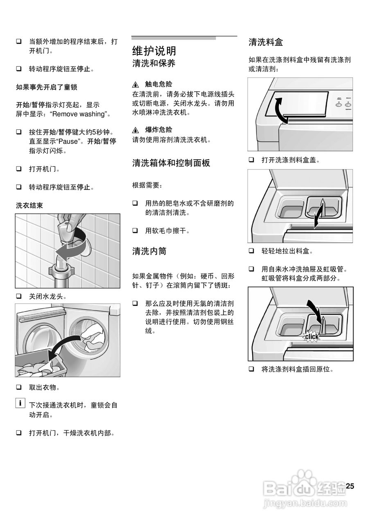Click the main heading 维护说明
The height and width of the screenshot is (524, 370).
coord(154,51)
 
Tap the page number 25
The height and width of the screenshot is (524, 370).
coord(350,486)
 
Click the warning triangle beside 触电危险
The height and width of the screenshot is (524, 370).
coord(136,85)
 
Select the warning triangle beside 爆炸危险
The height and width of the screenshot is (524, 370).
coord(136,130)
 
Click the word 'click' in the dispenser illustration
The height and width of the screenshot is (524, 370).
coord(311,337)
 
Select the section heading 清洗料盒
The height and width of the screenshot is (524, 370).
coord(266,42)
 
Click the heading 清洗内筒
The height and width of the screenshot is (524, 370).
coord(149,251)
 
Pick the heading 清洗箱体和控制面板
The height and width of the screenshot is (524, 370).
coord(171,163)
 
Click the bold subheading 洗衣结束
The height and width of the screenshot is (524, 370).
coord(29,206)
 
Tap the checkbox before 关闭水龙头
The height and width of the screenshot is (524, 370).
coord(19,296)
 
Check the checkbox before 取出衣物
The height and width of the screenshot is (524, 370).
coord(19,387)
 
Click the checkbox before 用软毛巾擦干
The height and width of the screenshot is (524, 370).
coord(135,231)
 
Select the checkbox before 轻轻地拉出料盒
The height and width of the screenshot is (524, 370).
coord(251,251)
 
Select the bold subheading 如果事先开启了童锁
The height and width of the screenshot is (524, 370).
coord(47,87)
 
